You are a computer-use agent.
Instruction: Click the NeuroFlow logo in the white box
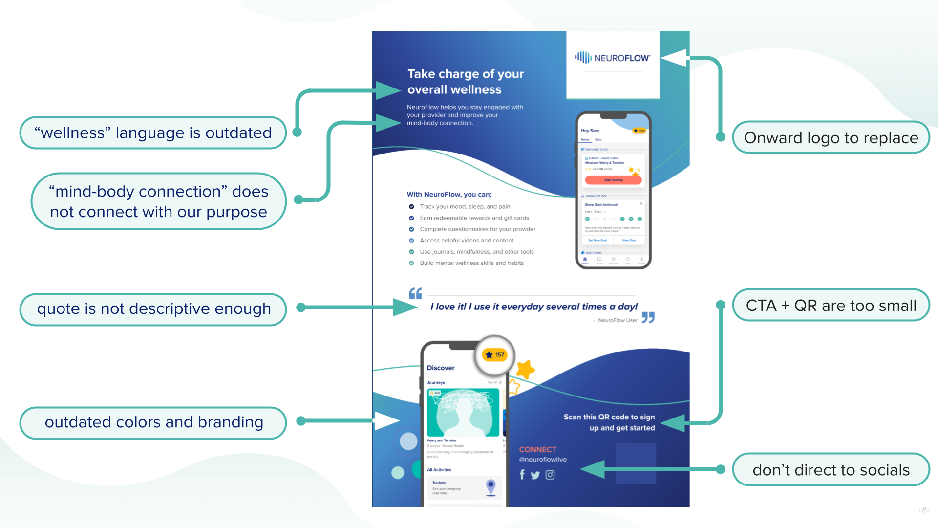click(613, 58)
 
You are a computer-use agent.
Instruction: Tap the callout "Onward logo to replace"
click(831, 137)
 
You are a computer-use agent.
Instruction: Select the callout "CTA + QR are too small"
click(831, 305)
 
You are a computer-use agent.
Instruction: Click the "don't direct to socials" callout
click(831, 469)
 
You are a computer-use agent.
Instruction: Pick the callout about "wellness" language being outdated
click(153, 132)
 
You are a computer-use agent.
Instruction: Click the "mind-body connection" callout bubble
click(158, 201)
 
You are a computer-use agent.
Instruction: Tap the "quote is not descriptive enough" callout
click(153, 308)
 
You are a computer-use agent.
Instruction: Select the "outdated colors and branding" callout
click(153, 422)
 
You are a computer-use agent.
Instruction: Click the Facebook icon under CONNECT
click(522, 475)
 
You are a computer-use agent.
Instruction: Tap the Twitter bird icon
click(535, 475)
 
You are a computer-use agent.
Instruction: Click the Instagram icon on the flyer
click(550, 475)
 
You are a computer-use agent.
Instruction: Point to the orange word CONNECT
click(537, 449)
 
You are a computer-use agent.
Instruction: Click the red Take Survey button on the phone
click(613, 180)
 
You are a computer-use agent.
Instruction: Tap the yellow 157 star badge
click(495, 355)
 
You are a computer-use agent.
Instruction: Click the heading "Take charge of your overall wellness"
click(465, 82)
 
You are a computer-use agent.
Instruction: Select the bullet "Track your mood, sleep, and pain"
click(465, 206)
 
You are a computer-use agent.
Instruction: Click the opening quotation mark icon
click(415, 293)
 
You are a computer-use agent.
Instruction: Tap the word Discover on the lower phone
click(441, 368)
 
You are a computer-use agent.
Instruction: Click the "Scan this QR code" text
click(609, 422)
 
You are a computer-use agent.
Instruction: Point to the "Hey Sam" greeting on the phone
click(590, 131)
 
